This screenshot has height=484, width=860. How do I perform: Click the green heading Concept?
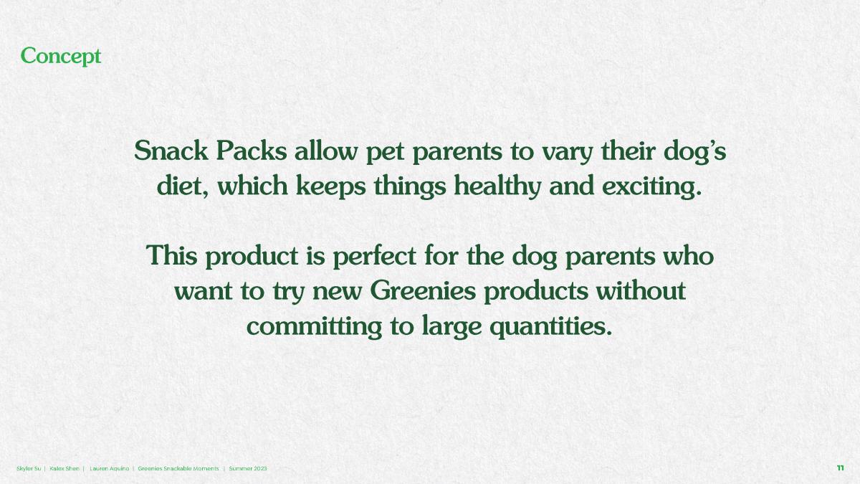61,57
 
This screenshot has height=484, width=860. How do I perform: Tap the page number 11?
840,468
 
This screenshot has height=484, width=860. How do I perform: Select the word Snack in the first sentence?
171,151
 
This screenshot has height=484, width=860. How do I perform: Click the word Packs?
252,151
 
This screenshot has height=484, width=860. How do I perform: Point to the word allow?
326,151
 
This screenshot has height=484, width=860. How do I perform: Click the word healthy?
497,187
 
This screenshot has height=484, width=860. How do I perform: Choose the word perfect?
374,257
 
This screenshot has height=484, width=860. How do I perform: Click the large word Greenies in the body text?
423,292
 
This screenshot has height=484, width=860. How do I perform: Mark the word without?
641,291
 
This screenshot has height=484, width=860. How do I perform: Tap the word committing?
315,327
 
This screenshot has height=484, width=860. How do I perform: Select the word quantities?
551,327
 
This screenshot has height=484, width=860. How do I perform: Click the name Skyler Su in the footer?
29,469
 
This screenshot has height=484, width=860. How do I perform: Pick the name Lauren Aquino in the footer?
110,469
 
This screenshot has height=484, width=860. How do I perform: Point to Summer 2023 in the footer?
248,469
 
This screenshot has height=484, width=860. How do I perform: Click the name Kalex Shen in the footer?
64,469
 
